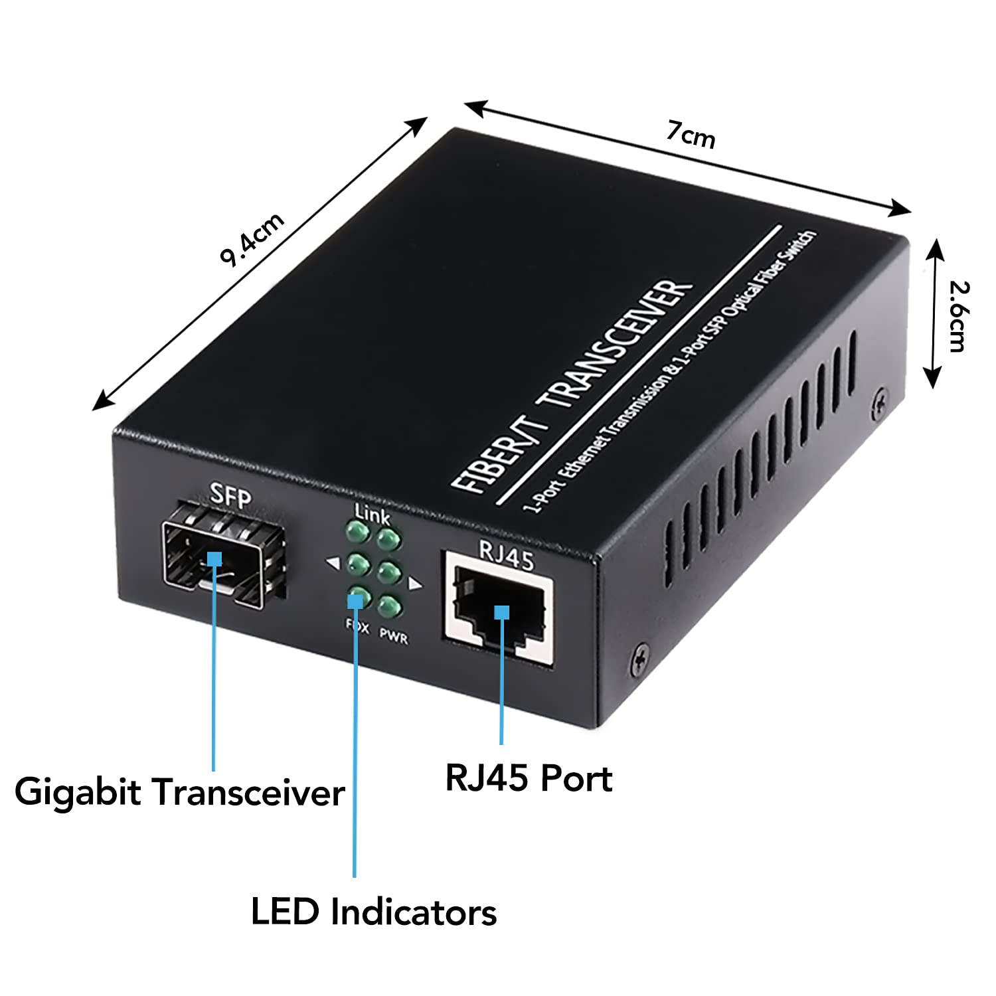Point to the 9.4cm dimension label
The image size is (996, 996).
[252, 239]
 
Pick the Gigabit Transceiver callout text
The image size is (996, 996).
[179, 792]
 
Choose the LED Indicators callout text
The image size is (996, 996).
[373, 912]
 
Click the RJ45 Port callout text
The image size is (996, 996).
[529, 778]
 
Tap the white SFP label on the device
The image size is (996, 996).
[230, 495]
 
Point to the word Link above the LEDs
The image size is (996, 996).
[373, 513]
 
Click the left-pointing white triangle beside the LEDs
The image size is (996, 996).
[333, 564]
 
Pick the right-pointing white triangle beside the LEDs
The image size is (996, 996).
[416, 584]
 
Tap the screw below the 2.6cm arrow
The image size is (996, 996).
[879, 404]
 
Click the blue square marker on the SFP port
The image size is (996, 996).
[214, 558]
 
